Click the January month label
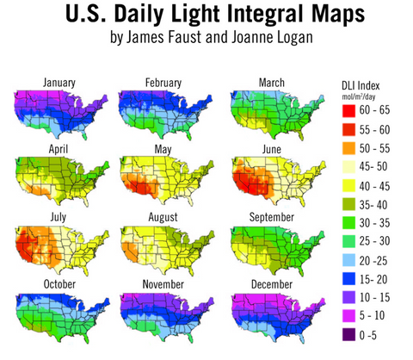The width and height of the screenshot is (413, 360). pos(53,84)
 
